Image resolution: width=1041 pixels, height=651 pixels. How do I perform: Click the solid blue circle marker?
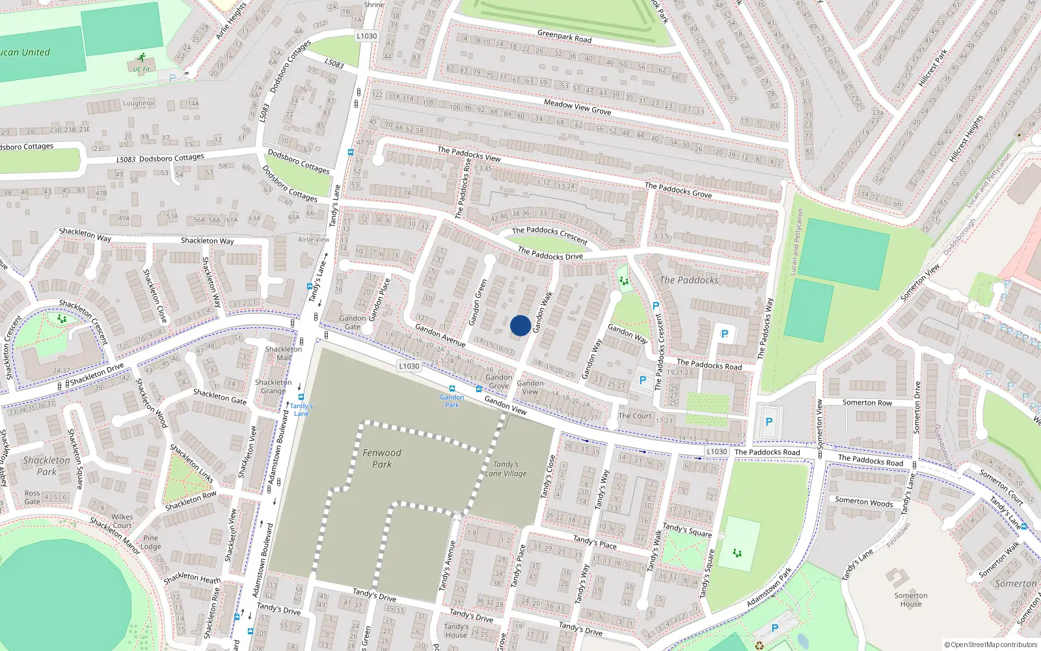(520, 325)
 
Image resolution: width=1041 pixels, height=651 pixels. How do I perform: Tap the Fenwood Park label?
(382, 458)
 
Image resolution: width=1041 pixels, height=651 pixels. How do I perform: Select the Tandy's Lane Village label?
(506, 469)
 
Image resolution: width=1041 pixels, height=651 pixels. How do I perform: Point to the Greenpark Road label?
(564, 36)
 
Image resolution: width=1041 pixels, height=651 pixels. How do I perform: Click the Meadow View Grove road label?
(577, 107)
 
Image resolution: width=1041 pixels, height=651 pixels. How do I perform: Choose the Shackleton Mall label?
(284, 353)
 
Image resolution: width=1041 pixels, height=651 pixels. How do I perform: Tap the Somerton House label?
(911, 600)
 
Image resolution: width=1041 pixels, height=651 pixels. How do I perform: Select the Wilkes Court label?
(122, 521)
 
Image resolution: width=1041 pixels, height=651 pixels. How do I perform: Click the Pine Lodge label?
(150, 542)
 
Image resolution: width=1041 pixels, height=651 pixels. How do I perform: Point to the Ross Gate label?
(32, 497)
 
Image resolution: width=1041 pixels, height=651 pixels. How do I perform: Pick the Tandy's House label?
(456, 631)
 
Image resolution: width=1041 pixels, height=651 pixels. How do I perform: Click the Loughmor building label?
(139, 104)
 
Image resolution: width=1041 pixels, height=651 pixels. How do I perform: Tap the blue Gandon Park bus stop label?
(452, 400)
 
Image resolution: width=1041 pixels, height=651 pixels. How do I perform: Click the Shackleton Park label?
(46, 465)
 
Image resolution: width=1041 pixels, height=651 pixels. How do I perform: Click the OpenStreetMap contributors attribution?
(991, 645)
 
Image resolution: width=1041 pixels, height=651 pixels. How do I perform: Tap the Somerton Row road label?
(867, 402)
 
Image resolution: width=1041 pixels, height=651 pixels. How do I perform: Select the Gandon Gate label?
(352, 322)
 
